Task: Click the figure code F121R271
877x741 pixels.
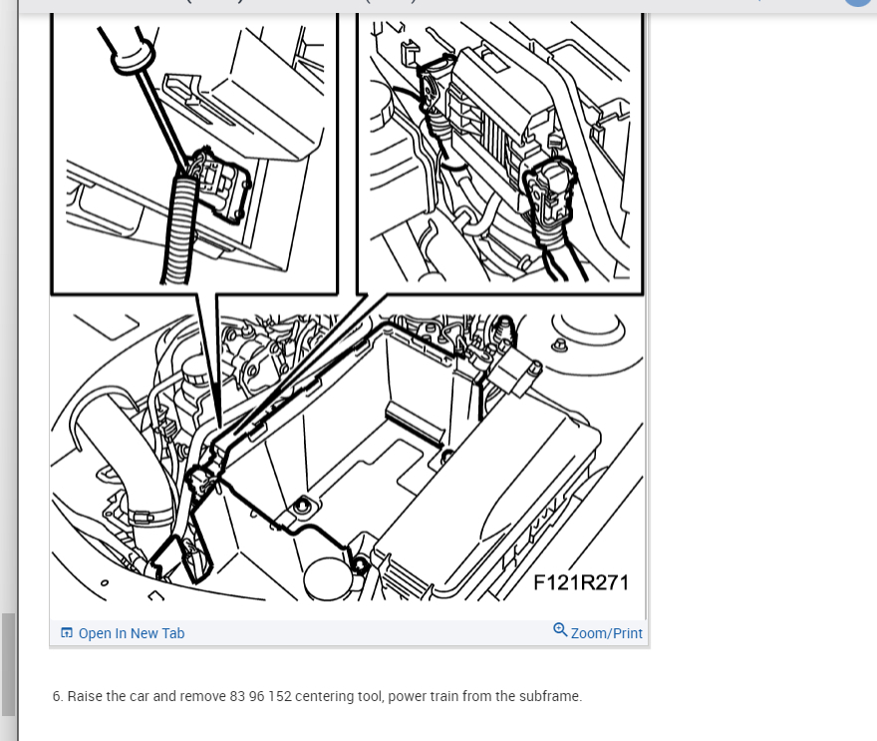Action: (581, 582)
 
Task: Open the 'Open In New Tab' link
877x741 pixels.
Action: (132, 633)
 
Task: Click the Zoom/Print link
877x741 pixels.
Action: (606, 633)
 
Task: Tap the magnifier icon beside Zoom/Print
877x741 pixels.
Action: (560, 630)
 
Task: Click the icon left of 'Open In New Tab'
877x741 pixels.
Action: (67, 633)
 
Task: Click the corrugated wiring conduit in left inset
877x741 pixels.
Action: (180, 230)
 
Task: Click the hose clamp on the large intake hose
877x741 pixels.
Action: (141, 516)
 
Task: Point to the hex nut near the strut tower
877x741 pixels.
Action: (560, 345)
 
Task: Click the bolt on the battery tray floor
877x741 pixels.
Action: (302, 507)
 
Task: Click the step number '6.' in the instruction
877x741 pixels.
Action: (58, 696)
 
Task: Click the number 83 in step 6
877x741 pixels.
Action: (237, 696)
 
